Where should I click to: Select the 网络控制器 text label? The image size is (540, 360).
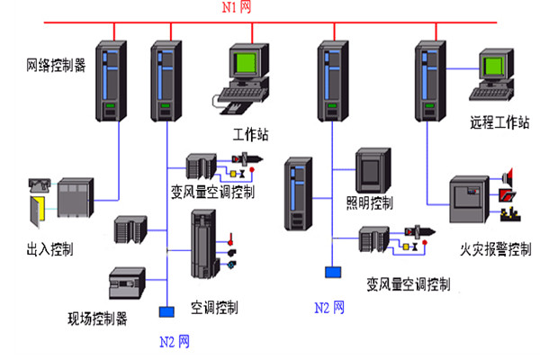(x=56, y=66)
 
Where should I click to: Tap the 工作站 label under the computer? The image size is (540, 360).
(x=251, y=135)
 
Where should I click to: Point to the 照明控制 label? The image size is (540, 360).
(x=370, y=202)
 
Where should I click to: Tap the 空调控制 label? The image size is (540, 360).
(x=213, y=308)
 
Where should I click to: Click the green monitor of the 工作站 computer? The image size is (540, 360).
(x=247, y=66)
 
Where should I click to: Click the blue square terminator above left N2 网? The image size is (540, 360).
(x=166, y=312)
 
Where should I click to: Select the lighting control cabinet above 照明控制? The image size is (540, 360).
(x=371, y=168)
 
